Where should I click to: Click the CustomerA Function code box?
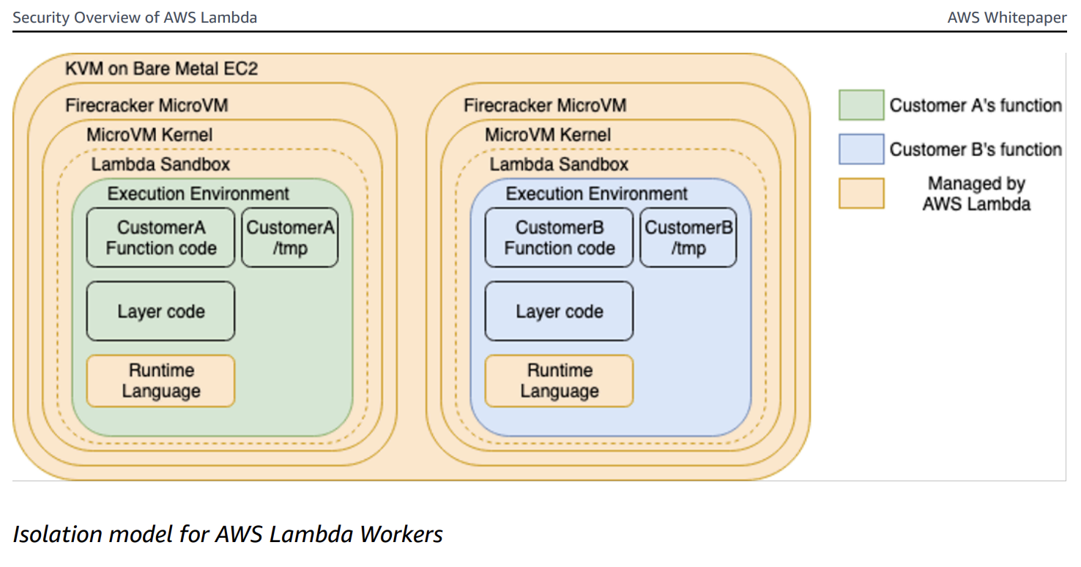(160, 237)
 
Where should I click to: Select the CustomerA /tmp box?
(289, 237)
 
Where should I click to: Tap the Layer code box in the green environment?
(160, 311)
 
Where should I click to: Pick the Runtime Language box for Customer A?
(160, 381)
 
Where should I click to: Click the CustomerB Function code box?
(559, 237)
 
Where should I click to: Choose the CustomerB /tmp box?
(688, 237)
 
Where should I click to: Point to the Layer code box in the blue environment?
(559, 311)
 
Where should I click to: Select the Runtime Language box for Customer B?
(559, 381)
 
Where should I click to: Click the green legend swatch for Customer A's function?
(861, 105)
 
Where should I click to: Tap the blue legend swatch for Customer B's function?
(861, 149)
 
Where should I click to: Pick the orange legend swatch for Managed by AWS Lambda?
(861, 193)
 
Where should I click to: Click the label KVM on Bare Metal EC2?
(161, 70)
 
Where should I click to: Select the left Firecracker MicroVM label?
(146, 105)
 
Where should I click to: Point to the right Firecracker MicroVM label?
(545, 105)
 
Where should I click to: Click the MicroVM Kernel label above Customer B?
(548, 135)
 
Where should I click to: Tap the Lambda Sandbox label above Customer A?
(160, 164)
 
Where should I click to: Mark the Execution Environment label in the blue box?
(596, 194)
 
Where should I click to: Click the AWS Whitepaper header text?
(1006, 18)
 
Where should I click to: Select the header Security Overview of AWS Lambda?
(135, 18)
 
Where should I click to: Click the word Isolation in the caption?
(57, 534)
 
